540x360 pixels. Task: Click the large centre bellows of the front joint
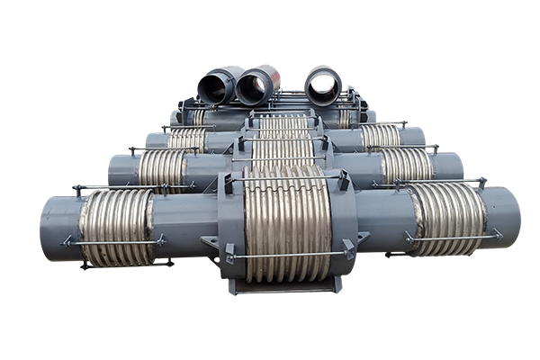click(x=286, y=220)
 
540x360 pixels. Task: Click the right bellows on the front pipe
click(x=447, y=216)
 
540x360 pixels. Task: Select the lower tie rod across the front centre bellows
click(x=286, y=255)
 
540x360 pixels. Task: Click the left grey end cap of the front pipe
click(x=59, y=228)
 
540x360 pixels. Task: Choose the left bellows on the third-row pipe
click(x=187, y=140)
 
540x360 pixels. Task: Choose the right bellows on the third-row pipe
click(x=380, y=136)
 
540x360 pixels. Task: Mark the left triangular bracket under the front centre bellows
click(x=212, y=244)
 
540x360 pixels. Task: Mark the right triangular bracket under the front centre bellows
click(x=361, y=238)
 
